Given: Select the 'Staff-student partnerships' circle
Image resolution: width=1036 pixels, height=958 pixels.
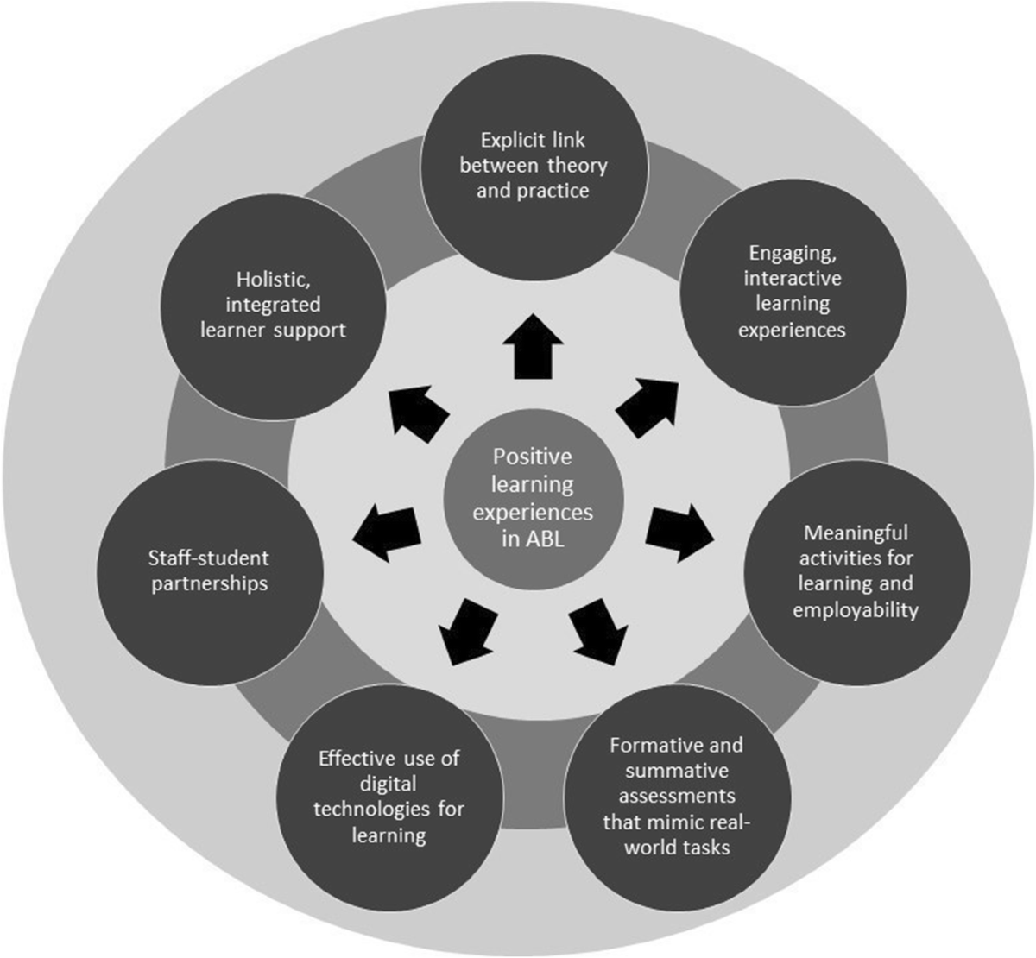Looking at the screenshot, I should point(209,570).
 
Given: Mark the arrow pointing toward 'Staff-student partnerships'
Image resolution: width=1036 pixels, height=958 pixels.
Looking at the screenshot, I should point(387,528).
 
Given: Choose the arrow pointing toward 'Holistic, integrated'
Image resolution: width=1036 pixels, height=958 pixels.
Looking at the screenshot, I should point(418,409).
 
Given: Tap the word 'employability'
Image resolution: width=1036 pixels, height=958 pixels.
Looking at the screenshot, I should point(857,610).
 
